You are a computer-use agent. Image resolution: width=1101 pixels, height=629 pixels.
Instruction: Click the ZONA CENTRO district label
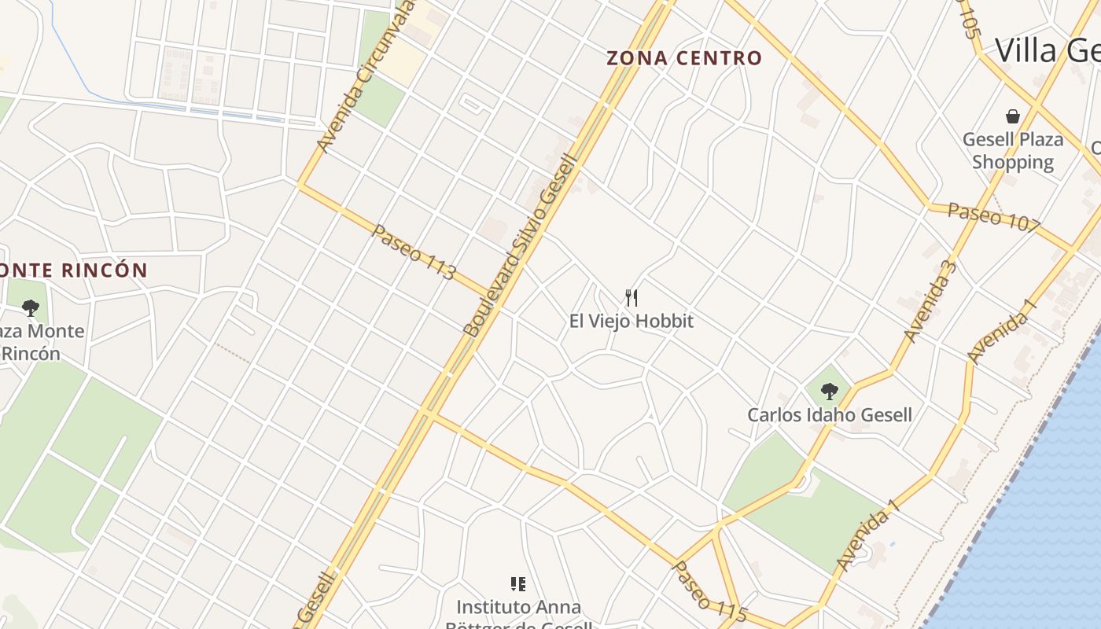(684, 58)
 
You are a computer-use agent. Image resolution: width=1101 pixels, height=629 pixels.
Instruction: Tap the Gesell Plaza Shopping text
(1013, 151)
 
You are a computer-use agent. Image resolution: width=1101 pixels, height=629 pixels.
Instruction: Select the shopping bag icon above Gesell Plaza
(1013, 116)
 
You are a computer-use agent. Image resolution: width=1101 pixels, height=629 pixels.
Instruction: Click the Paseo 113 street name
(414, 252)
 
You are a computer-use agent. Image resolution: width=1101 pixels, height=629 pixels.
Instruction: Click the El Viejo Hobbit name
(632, 321)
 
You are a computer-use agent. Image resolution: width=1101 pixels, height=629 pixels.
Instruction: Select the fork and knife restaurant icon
(631, 297)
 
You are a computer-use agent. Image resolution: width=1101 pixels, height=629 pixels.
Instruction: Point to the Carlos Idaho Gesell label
(830, 414)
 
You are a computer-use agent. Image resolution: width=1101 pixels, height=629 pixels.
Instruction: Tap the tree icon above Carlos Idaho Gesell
(829, 391)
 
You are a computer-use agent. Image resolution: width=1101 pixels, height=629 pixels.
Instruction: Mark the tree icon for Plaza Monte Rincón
(31, 307)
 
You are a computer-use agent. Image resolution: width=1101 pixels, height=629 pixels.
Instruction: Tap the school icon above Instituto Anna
(518, 583)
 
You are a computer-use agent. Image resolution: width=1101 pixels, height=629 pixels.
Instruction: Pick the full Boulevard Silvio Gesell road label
(521, 246)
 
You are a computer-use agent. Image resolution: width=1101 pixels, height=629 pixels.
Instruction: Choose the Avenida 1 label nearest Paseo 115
(867, 539)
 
